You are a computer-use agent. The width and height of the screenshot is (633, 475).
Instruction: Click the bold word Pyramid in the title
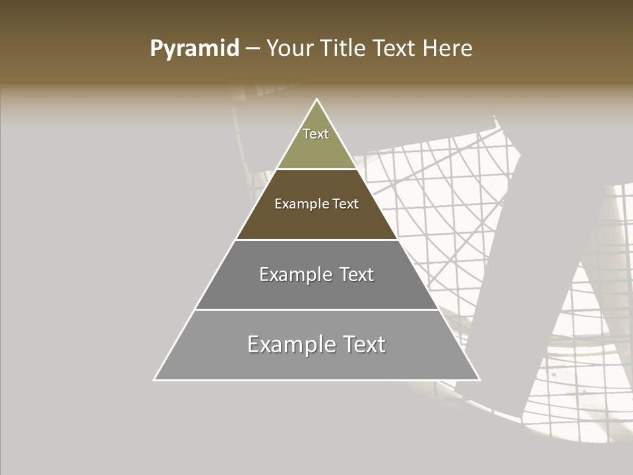pos(195,49)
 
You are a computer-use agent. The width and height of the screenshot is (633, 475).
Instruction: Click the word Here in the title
pos(448,49)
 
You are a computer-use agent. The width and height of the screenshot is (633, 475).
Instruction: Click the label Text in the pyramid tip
pos(316,134)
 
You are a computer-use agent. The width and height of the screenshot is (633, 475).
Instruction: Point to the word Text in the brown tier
pos(346,205)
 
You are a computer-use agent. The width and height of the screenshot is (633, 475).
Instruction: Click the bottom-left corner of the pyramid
pos(155,379)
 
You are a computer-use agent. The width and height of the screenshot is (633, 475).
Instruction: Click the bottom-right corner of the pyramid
pos(479,379)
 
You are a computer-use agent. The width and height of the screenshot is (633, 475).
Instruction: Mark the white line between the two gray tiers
pos(316,309)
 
